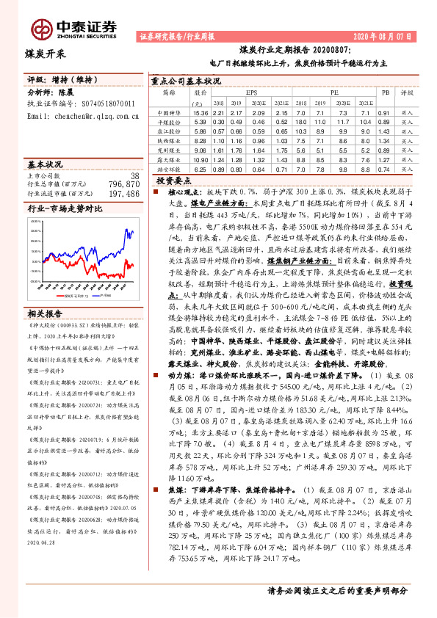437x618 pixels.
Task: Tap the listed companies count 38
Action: tap(134, 175)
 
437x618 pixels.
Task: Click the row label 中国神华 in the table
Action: tap(170, 112)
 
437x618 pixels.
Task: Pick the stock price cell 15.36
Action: tap(201, 112)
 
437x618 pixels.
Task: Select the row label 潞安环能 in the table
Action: tap(170, 168)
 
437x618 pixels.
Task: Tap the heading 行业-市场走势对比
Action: tap(58, 209)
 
